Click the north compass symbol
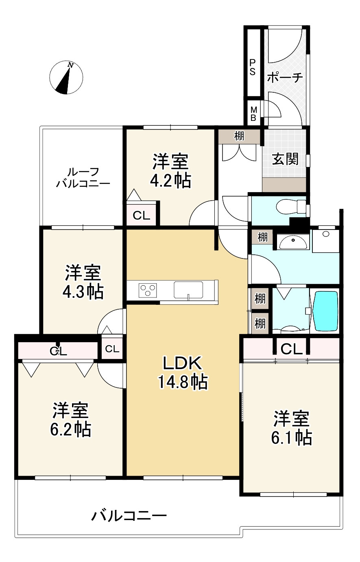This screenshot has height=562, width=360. (x=66, y=77)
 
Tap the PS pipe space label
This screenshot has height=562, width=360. (x=253, y=68)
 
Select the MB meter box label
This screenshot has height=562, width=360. (x=253, y=114)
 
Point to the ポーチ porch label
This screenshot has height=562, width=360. (x=285, y=77)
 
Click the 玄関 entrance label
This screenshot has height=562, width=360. (x=285, y=159)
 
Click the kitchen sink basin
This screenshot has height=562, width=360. (x=188, y=290)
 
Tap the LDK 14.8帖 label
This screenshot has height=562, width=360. (x=182, y=372)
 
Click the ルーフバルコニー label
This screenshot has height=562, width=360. (x=83, y=178)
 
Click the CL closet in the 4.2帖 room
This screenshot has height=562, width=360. (x=141, y=216)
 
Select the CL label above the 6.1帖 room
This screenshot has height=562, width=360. (x=291, y=349)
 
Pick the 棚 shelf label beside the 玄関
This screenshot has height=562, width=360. (x=239, y=136)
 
